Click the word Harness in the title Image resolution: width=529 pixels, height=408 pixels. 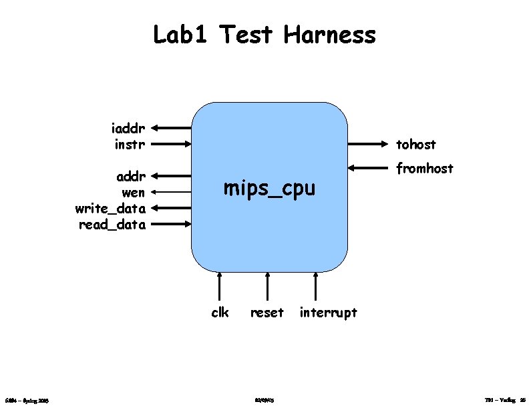click(329, 34)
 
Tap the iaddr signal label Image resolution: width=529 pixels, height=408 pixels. click(128, 127)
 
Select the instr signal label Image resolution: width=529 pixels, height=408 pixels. click(130, 143)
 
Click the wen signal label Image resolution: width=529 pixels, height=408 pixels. click(134, 193)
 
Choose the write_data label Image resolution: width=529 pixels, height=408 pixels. click(111, 209)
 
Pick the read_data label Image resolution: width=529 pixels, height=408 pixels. click(112, 225)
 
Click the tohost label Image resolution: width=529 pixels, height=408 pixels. click(416, 144)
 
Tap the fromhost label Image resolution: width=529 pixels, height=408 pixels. click(425, 169)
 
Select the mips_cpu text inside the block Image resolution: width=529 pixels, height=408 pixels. click(269, 189)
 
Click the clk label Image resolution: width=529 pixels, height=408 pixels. click(220, 312)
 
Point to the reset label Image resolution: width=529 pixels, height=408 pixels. click(267, 312)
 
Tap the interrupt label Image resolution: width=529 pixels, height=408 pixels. click(329, 312)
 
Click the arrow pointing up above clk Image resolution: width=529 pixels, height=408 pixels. click(220, 287)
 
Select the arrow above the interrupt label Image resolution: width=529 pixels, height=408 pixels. click(315, 287)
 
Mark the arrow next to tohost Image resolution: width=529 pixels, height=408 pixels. click(368, 143)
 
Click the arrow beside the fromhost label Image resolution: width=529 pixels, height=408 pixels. click(368, 168)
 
